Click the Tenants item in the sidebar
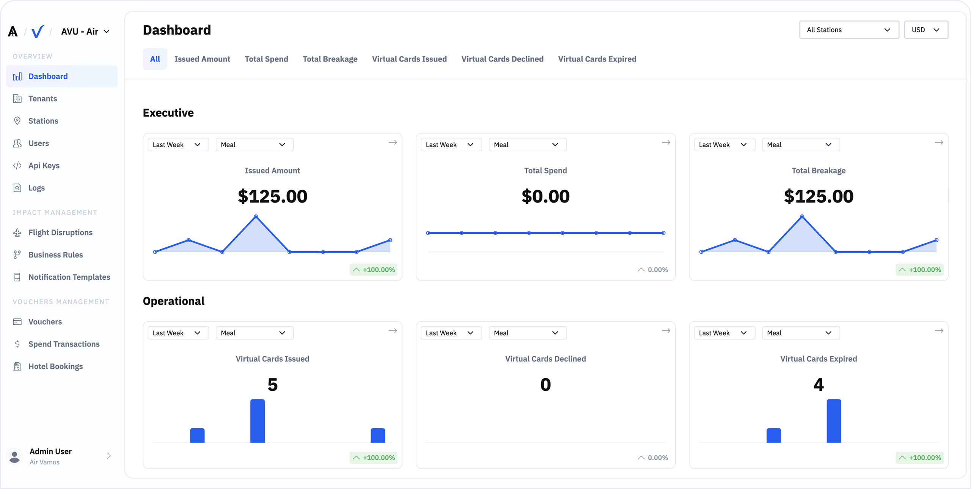pos(42,99)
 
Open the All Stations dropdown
pos(848,30)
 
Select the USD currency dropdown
pos(925,30)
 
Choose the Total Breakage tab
pos(330,59)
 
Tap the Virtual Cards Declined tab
pos(502,59)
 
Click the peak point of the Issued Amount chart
pos(256,216)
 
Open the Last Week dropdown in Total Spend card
pos(451,145)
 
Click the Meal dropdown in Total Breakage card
pos(800,145)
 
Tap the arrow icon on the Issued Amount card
pos(393,142)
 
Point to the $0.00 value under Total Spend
pos(545,196)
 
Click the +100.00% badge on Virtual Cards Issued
pos(373,458)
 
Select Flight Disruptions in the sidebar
pos(60,233)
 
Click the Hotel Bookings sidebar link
pos(55,366)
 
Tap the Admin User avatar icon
pos(15,456)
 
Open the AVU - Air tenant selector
pos(85,31)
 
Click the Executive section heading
pos(168,113)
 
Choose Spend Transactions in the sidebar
pos(64,344)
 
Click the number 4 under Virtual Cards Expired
pos(818,385)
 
